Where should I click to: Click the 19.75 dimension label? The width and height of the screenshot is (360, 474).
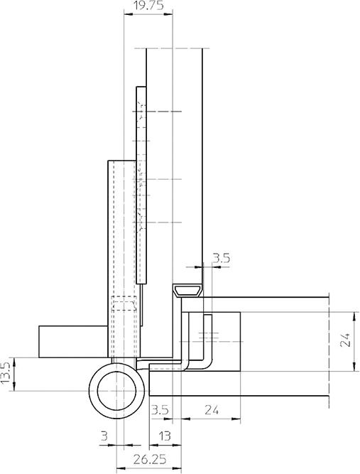click(148, 6)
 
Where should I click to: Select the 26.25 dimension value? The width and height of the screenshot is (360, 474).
click(150, 460)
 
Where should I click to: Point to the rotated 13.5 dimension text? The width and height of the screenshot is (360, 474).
click(6, 372)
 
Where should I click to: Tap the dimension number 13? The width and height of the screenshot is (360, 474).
click(165, 436)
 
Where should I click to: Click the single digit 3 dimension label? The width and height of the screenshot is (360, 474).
click(104, 436)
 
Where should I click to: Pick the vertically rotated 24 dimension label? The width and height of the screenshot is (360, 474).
click(345, 340)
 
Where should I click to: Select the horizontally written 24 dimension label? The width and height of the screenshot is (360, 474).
click(212, 410)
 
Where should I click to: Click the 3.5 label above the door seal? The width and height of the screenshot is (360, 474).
click(222, 259)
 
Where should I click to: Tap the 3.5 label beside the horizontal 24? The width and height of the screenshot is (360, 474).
click(160, 410)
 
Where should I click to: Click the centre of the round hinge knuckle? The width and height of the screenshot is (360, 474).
click(116, 391)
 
